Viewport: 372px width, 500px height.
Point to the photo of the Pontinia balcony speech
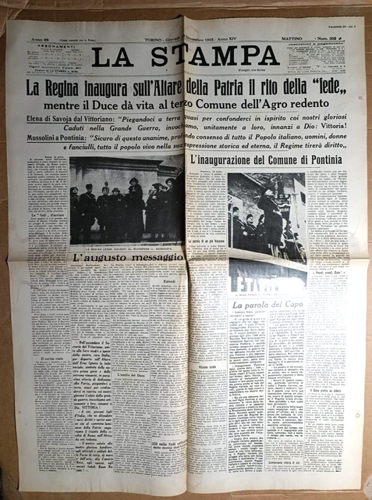[266, 216]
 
